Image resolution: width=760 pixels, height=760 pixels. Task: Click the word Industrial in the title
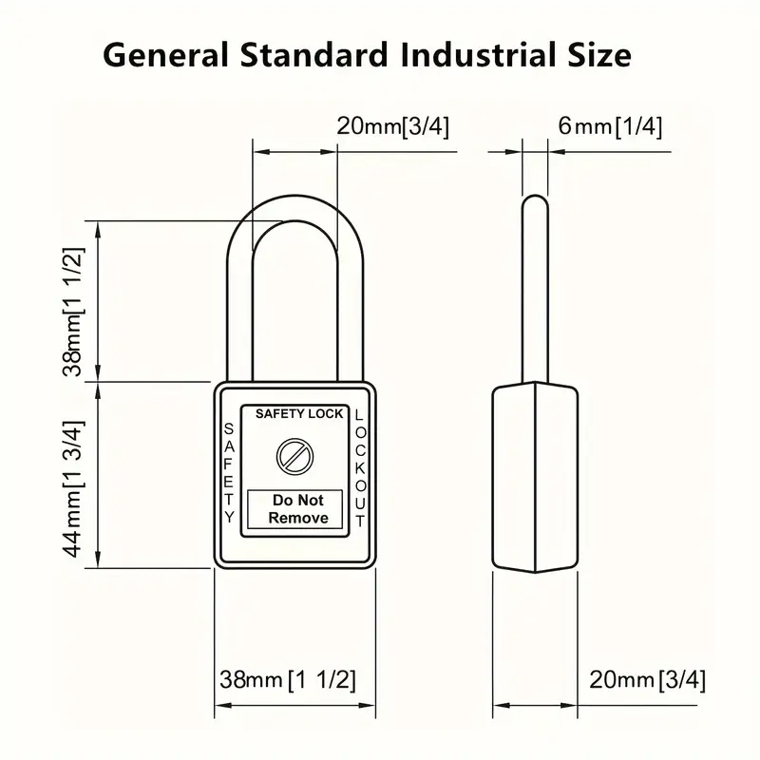point(477,54)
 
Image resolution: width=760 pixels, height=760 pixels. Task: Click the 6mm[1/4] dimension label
point(610,126)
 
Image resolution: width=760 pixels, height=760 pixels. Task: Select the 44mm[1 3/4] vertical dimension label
point(74,488)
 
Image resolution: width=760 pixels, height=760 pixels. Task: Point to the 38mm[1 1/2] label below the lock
point(288,679)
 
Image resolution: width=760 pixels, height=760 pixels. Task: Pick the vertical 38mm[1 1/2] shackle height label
point(74,312)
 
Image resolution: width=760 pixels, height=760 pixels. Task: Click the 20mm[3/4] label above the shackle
point(393,126)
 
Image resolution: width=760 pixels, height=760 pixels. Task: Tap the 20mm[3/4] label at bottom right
point(647,679)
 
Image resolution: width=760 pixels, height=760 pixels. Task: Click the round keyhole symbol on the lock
point(294,457)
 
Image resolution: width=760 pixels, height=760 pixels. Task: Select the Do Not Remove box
point(295,509)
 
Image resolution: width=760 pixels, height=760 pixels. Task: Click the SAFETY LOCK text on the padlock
point(299,413)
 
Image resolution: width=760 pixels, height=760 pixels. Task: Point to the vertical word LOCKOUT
point(360,467)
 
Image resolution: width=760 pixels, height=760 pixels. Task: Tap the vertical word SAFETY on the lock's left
point(229,472)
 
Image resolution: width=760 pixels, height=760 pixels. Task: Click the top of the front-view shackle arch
point(295,196)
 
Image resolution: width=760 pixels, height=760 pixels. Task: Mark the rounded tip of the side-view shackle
point(535,196)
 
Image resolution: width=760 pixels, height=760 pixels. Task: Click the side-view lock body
point(535,477)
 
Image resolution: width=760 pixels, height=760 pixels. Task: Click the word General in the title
point(165,54)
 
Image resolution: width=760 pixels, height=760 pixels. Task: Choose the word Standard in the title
point(314,54)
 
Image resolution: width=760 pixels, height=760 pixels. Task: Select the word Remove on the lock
point(298,518)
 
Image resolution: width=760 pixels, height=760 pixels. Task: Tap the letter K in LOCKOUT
point(360,467)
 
